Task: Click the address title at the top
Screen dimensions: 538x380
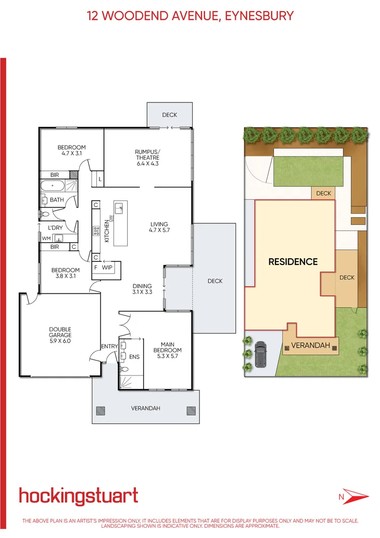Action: coord(190,16)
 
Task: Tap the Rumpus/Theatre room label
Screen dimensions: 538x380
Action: coord(147,157)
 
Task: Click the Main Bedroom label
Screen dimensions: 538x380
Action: coord(167,350)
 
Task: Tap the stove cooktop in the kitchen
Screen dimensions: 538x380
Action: coord(95,231)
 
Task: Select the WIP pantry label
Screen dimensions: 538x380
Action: coord(107,266)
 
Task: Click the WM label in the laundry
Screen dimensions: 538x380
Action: coord(46,238)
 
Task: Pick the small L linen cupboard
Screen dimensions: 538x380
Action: coord(100,179)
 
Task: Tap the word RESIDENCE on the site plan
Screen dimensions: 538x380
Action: coord(293,262)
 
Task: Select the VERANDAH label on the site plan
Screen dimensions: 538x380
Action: coord(310,346)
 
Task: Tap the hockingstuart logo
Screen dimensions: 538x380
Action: coord(78,496)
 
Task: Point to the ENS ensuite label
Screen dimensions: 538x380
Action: coord(134,357)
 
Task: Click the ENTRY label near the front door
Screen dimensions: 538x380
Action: coord(109,346)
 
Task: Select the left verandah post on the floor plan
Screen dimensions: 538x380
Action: coord(100,411)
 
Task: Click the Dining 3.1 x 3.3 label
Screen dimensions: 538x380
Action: coord(143,289)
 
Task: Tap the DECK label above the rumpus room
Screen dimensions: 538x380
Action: coord(169,115)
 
